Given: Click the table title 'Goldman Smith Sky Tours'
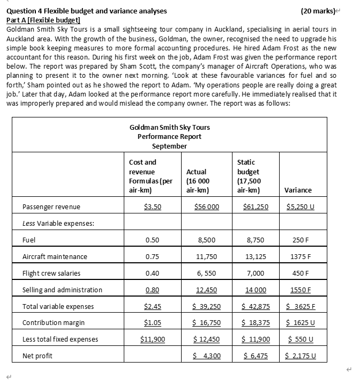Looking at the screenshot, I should click(169, 127).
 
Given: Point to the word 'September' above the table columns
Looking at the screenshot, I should click(169, 146).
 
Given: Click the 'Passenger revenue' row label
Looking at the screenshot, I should click(51, 206).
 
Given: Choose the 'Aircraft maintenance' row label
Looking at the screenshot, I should click(55, 257).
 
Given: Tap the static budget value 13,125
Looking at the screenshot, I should click(253, 257).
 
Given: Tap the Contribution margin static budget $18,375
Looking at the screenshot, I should click(253, 323).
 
